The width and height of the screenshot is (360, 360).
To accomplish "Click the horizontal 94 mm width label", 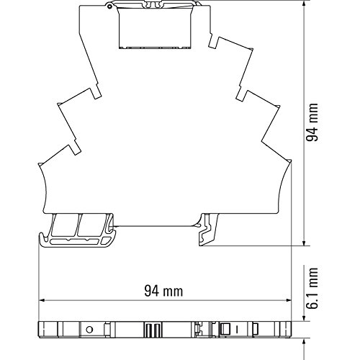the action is point(163,291).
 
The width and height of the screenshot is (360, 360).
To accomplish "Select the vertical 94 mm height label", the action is point(312,122).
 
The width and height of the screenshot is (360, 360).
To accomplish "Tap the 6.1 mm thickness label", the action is point(312,288).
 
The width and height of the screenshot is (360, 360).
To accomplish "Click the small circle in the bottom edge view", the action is point(89,330).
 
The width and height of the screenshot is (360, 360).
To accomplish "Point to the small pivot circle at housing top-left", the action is point(110,6).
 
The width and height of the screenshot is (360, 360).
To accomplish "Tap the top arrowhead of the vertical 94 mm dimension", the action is point(304,4).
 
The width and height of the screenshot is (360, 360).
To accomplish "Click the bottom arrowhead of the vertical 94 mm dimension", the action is point(304,243).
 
